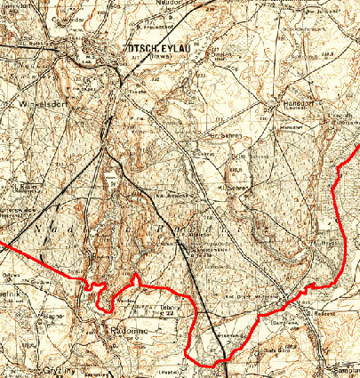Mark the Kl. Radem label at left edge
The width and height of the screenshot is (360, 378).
point(22,187)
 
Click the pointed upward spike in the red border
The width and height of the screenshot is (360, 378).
point(135,277)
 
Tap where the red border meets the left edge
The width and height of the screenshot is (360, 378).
point(2,241)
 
